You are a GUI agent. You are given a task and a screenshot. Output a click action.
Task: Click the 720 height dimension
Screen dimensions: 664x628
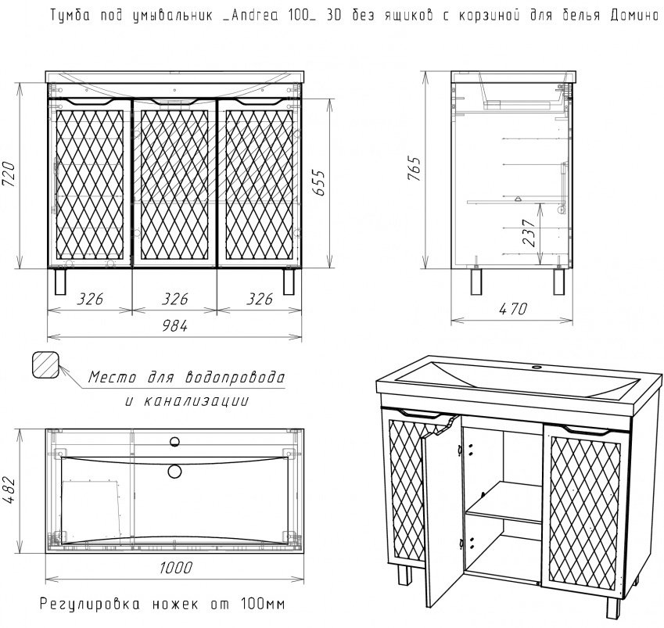tap(9, 174)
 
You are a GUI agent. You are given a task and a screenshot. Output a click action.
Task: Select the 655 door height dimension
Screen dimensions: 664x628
tap(319, 183)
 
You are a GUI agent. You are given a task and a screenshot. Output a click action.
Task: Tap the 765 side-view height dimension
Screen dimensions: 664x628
tap(415, 169)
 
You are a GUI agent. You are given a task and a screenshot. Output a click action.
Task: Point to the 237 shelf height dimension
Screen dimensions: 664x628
tap(529, 233)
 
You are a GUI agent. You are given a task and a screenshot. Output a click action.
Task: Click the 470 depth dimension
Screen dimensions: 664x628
tap(513, 309)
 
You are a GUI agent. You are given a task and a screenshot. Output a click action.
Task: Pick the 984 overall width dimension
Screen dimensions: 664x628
tap(174, 325)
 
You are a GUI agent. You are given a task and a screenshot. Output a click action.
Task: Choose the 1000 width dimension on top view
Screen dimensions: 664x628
tap(176, 568)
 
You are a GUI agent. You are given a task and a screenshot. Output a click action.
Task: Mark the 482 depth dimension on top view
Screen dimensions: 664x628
tap(9, 490)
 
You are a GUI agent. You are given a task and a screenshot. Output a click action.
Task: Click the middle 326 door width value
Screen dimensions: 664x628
tap(174, 299)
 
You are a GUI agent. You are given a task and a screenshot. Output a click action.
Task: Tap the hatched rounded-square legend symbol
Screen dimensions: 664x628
tap(45, 364)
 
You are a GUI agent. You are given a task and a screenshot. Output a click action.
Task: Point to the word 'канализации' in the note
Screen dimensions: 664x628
tap(196, 400)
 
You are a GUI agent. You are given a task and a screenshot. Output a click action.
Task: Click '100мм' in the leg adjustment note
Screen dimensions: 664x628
tap(263, 604)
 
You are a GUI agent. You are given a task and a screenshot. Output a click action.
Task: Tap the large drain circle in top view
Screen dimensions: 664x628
tap(174, 471)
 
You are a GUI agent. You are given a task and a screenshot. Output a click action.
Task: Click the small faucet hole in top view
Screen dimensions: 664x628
tap(174, 442)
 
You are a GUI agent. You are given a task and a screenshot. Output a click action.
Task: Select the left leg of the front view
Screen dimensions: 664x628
tap(60, 282)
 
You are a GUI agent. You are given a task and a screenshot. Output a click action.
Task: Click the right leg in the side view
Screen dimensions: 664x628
tap(559, 282)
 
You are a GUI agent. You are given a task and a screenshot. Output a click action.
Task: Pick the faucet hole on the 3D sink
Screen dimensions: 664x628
tap(537, 367)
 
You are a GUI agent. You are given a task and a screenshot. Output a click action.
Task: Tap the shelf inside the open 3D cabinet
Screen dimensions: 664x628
tap(504, 503)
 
